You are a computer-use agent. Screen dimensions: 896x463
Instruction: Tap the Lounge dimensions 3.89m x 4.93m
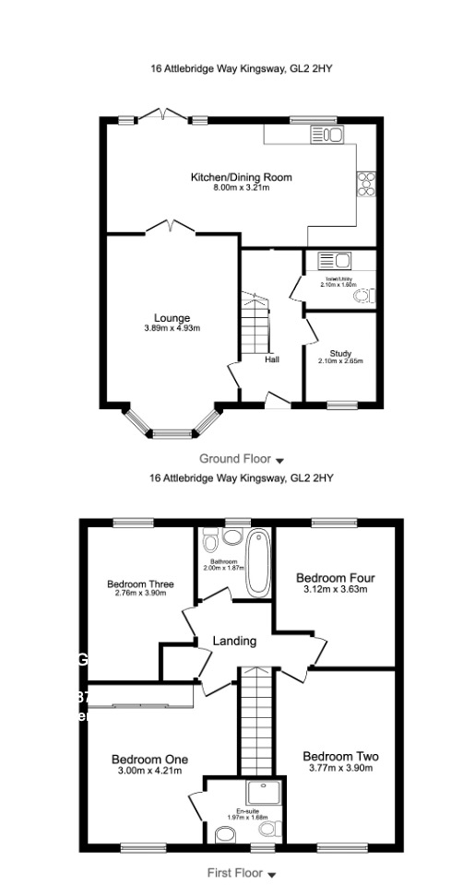click(172, 328)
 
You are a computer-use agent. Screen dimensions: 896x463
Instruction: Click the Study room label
click(340, 353)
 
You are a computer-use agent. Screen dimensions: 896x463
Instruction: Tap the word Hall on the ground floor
click(272, 360)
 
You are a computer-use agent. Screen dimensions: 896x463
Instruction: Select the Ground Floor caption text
click(234, 458)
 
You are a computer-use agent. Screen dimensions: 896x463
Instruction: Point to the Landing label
click(234, 641)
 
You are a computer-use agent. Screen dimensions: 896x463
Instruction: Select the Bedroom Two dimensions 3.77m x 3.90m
click(340, 770)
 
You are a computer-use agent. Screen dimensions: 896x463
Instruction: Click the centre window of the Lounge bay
click(172, 433)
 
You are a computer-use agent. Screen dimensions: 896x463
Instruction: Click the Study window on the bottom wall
click(342, 404)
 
